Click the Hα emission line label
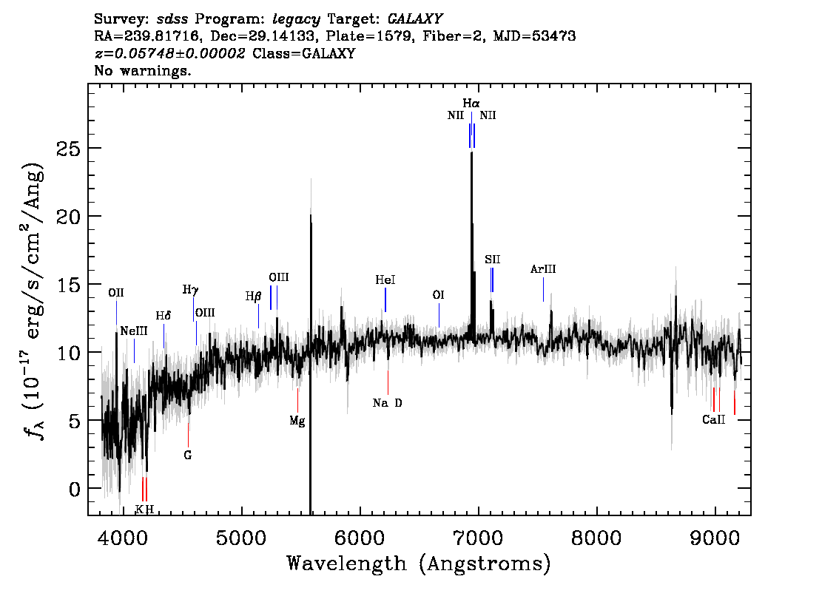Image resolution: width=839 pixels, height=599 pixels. [471, 104]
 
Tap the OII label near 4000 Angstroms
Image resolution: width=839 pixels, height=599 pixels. [116, 293]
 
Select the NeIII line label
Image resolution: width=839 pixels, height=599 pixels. [134, 331]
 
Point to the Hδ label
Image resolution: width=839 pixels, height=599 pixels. [164, 316]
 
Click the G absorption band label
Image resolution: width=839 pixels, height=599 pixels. [188, 455]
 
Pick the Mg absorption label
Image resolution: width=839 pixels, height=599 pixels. [297, 421]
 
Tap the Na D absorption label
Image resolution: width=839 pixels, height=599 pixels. [388, 403]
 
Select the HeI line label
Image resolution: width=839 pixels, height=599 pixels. [385, 280]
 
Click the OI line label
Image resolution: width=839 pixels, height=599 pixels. [438, 295]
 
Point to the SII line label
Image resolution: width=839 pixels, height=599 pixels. [492, 260]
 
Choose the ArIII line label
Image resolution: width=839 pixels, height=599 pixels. [543, 269]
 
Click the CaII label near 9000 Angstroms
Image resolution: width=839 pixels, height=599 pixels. [714, 420]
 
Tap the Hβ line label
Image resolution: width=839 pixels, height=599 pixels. [254, 297]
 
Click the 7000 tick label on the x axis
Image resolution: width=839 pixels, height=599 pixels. [478, 538]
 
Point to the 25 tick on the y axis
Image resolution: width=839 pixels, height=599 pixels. [69, 148]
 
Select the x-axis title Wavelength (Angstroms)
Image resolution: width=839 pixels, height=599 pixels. [419, 564]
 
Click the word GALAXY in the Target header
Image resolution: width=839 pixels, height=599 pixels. [415, 19]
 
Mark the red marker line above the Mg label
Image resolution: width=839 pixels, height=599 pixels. [297, 401]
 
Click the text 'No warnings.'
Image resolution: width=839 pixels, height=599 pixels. [143, 70]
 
